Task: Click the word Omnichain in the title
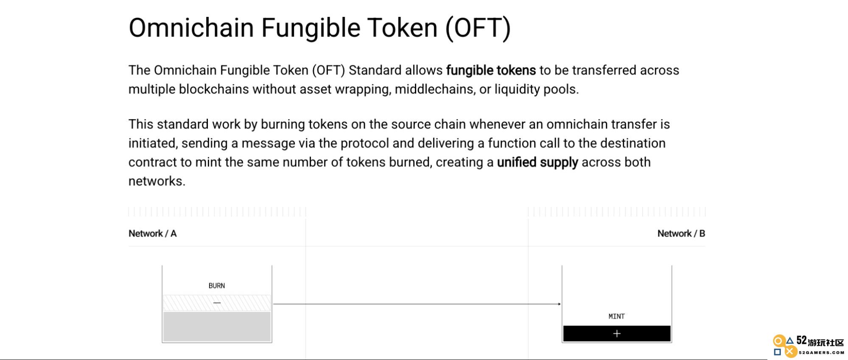[191, 28]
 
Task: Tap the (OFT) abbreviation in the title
[478, 28]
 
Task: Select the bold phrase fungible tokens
[491, 70]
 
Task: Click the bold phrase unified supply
[537, 162]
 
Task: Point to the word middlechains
[435, 89]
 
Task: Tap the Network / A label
[152, 234]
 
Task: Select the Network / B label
[681, 234]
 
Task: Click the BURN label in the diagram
[217, 286]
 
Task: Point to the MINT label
[616, 316]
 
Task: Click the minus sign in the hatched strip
[217, 303]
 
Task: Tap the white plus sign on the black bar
[617, 334]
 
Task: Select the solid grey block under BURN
[217, 327]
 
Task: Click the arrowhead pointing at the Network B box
[560, 304]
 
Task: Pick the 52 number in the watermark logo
[802, 340]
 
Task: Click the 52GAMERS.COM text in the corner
[821, 352]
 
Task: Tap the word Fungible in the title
[311, 28]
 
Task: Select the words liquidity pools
[536, 89]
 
